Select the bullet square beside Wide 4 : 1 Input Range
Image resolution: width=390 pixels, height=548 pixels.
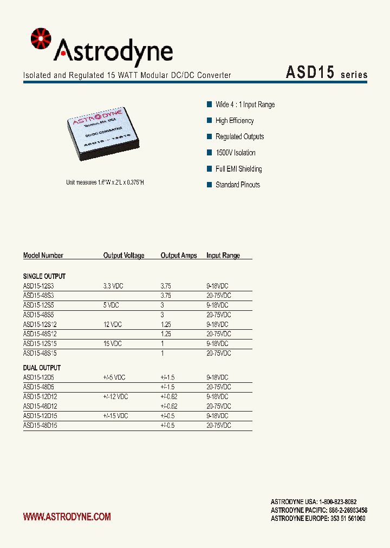click(x=209, y=105)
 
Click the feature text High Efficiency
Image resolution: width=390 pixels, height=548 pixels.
click(x=235, y=121)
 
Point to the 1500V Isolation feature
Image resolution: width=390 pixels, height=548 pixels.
click(x=235, y=153)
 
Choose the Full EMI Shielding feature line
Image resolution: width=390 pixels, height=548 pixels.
click(x=238, y=169)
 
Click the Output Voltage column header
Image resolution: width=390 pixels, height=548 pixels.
click(x=123, y=256)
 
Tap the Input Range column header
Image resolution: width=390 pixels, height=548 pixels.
click(x=223, y=256)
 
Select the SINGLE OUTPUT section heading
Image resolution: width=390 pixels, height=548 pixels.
click(x=44, y=276)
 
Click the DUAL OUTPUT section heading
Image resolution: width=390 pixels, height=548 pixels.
click(x=42, y=368)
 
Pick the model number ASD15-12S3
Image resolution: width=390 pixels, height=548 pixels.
click(x=38, y=286)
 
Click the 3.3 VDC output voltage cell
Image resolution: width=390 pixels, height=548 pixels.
click(x=113, y=286)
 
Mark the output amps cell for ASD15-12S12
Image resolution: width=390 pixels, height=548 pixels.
click(x=166, y=324)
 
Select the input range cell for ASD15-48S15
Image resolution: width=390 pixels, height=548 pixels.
click(x=218, y=353)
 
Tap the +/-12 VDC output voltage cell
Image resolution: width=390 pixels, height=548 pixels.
click(x=115, y=397)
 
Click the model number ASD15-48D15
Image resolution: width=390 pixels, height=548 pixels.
click(x=40, y=426)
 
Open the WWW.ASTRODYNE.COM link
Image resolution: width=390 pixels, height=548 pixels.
click(x=67, y=517)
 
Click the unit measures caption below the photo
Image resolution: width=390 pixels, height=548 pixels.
click(x=105, y=183)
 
